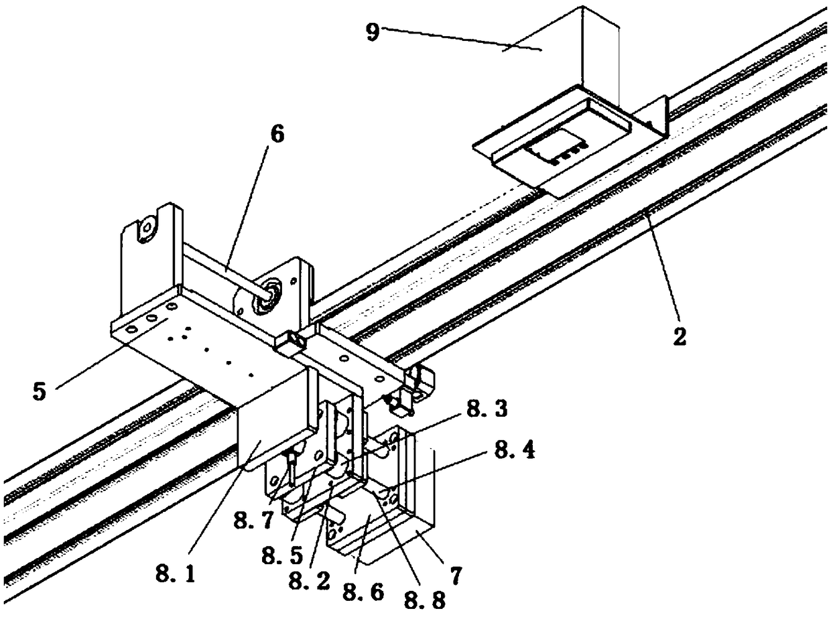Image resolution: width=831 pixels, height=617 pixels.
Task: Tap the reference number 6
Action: pos(277,134)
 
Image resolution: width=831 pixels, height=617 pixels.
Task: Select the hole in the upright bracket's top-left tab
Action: pos(144,229)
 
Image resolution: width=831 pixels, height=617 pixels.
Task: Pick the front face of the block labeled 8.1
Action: pos(268,425)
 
